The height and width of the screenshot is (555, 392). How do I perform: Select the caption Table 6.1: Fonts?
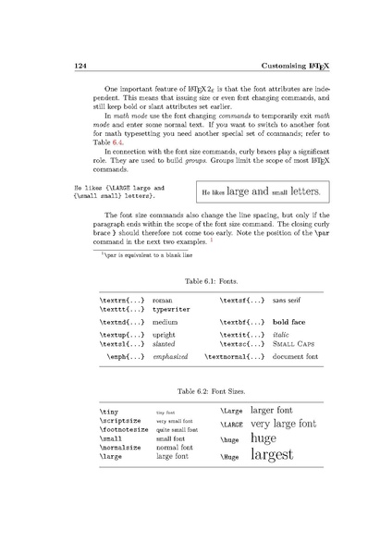[x=195, y=277]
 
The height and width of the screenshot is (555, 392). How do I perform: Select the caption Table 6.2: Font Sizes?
[x=195, y=391]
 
